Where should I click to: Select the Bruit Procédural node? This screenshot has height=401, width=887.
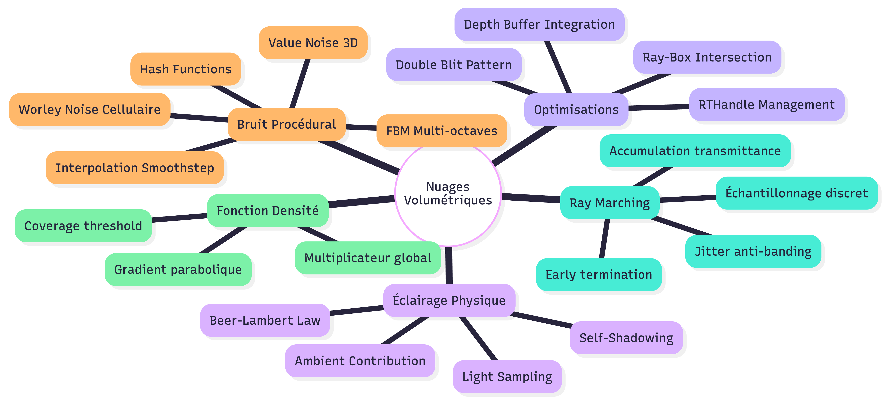(286, 124)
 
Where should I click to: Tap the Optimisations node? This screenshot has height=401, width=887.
(576, 109)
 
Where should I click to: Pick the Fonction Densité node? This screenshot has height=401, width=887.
(268, 210)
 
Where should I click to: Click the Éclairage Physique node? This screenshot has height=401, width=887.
(449, 300)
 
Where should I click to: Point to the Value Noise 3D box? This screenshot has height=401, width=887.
(313, 43)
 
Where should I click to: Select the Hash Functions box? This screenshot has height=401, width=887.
(186, 69)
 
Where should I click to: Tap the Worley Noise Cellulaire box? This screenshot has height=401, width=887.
(89, 109)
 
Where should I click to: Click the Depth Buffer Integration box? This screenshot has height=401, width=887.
(539, 24)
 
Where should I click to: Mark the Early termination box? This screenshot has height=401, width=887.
(599, 274)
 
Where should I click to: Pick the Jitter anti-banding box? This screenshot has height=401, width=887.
(753, 251)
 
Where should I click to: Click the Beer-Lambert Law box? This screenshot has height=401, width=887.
(265, 320)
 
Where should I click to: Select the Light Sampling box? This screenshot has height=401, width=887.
(507, 377)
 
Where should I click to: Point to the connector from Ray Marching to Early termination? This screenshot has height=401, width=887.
(604, 239)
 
